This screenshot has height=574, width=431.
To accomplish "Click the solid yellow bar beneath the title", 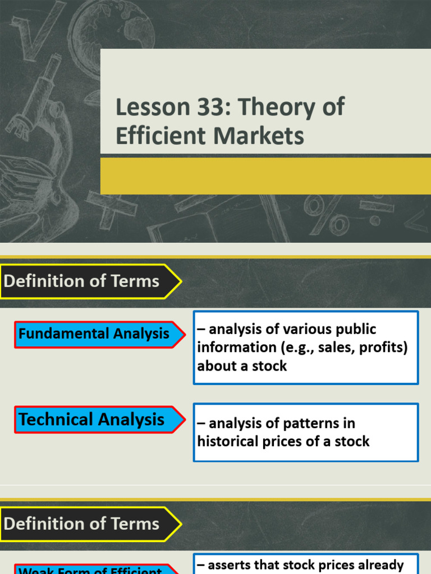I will pyautogui.click(x=265, y=176).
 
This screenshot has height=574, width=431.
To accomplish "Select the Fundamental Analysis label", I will pyautogui.click(x=94, y=334).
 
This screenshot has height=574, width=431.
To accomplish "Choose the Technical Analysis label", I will pyautogui.click(x=91, y=419).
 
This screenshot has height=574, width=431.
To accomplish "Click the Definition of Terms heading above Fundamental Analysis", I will pyautogui.click(x=82, y=281).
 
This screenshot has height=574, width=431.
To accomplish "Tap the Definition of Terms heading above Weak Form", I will pyautogui.click(x=82, y=524).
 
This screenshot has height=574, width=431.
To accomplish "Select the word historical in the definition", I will pyautogui.click(x=227, y=442).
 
